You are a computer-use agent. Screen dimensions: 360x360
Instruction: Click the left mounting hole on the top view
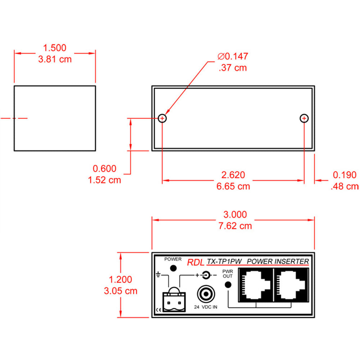coord(162,118)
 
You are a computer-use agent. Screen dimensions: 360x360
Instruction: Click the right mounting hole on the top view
coord(304,118)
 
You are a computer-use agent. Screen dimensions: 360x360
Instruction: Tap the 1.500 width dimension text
coord(55,48)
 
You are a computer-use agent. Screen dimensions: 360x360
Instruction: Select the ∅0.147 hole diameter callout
coord(233,56)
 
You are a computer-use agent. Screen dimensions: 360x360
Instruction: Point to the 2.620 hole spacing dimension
coord(233,175)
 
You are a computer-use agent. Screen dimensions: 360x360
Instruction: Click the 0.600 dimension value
coord(104,168)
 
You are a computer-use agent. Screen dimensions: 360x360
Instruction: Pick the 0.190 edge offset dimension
coord(345,175)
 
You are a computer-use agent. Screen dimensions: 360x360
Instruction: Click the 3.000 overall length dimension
coord(235,215)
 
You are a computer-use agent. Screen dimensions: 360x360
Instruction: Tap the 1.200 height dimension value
coord(121,280)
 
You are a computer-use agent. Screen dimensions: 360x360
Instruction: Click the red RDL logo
coord(195,262)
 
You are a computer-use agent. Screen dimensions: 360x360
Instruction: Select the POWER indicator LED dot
coord(173,268)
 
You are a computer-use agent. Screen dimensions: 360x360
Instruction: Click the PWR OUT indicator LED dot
coord(228,285)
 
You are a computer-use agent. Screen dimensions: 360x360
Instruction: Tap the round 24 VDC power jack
coord(206,294)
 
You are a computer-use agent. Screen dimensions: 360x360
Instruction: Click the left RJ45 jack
coord(256,285)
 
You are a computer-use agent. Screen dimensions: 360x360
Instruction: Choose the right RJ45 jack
coord(291,285)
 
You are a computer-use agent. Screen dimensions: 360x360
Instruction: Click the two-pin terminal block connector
coord(174,300)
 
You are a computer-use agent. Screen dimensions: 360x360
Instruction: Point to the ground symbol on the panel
coord(158,274)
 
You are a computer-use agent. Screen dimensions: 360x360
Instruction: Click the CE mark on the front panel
coord(159,310)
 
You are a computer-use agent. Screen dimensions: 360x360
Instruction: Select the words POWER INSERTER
coord(278,261)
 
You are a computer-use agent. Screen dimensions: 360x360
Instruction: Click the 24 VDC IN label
coord(206,307)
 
